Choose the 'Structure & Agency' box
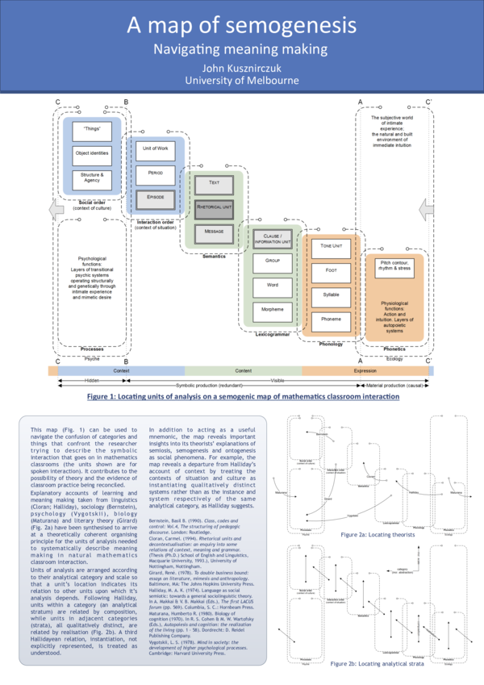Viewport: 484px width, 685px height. coord(92,179)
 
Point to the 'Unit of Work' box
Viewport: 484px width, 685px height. coord(155,148)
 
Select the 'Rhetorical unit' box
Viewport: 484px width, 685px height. coord(214,207)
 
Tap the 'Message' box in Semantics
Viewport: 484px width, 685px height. coord(214,231)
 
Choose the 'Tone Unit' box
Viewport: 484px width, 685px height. coord(331,246)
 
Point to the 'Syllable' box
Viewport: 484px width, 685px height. coord(331,294)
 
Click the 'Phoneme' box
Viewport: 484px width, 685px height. coord(331,319)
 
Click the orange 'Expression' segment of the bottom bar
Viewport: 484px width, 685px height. coord(365,370)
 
